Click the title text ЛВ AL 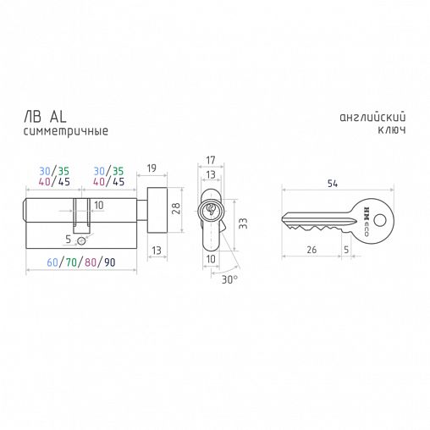tap(45, 117)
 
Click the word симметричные tap(66, 131)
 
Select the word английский tap(372, 117)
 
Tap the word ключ tap(392, 130)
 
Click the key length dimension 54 tap(333, 184)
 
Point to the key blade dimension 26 tap(311, 250)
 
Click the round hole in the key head tap(380, 220)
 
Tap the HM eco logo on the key tap(366, 222)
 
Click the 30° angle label tap(229, 279)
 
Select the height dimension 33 tap(243, 223)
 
